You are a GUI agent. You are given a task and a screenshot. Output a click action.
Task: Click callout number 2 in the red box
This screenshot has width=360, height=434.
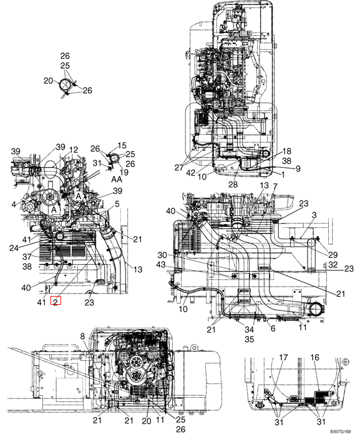coord(56,301)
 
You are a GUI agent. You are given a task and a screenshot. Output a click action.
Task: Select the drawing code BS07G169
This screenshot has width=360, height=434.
coord(341,432)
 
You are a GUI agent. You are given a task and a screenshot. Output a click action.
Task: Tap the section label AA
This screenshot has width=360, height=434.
coord(117,179)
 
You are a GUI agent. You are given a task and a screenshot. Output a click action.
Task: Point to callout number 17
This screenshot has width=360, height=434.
coord(283,358)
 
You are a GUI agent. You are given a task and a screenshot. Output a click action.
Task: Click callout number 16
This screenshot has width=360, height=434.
coord(315,358)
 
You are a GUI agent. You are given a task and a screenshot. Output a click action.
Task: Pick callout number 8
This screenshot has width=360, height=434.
coord(82,336)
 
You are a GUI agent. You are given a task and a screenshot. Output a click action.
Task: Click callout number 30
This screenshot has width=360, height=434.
coord(162,255)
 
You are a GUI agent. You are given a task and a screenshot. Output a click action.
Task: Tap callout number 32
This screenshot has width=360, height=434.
coord(333,265)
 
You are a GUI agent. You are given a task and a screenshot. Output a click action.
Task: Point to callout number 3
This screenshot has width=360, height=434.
coord(314,215)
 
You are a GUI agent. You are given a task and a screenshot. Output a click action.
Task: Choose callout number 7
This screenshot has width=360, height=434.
coord(275,187)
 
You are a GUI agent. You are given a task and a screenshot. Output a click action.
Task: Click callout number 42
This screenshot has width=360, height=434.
coord(191,173)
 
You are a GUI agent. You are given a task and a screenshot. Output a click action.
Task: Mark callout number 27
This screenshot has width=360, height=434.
coord(179,167)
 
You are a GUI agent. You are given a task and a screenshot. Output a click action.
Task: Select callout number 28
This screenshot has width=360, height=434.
coord(233,184)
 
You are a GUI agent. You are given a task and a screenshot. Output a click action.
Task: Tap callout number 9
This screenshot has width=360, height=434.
coord(298,168)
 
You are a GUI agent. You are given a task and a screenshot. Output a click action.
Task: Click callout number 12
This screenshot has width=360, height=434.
coord(74,150)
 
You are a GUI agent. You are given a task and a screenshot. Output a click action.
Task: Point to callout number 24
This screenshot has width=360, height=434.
coord(14,248)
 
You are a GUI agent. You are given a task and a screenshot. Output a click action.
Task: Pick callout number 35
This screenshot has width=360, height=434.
coord(249,339)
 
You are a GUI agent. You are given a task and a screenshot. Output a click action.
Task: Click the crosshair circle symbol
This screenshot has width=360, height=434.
coord(346,362)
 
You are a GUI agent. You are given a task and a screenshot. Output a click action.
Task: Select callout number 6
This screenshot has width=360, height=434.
coord(273,328)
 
